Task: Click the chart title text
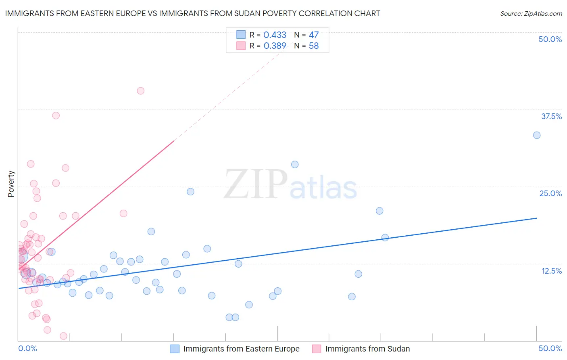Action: coord(192,13)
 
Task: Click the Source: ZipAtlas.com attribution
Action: coord(531,13)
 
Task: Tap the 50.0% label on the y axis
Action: coord(550,39)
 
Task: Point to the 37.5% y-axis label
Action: coord(551,116)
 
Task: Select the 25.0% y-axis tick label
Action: coord(550,193)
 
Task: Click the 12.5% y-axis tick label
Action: coord(551,271)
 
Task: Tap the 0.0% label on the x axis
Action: coord(27,348)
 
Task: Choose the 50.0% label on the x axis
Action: coord(550,348)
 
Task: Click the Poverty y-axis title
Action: coord(11,184)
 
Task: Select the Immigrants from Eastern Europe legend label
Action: coord(241,349)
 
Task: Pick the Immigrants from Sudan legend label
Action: coord(367,349)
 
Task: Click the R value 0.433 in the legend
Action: coord(275,35)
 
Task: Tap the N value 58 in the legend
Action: coord(314,46)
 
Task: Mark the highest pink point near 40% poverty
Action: coord(140,91)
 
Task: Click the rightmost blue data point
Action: coord(537,135)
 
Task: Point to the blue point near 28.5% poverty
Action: coord(295,164)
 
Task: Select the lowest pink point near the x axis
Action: coord(63,336)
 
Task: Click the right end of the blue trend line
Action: coord(537,218)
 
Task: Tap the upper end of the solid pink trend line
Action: coord(174,141)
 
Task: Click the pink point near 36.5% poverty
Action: coord(56,115)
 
